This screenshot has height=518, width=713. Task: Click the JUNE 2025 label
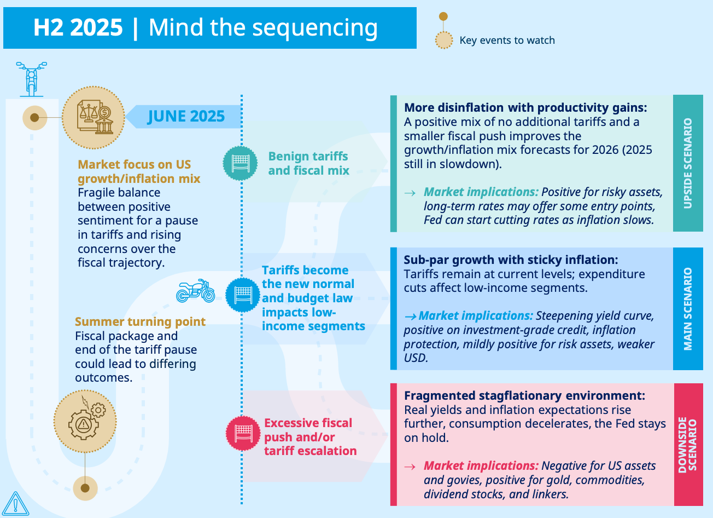coord(186,116)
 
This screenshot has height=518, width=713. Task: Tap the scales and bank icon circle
coord(93,117)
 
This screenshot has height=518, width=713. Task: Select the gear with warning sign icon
coord(85,421)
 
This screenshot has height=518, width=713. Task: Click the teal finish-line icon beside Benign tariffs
coord(240,163)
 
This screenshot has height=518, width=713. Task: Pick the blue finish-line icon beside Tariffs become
coord(243,295)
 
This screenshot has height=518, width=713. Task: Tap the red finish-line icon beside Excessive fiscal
coord(243,433)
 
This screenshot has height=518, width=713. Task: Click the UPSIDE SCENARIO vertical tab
coord(688,163)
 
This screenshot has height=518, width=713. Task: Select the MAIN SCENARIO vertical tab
coord(688,309)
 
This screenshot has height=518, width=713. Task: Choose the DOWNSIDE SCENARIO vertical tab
coord(688,444)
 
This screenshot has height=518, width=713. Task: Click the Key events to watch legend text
coord(507,41)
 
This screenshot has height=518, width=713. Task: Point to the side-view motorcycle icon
coord(195,291)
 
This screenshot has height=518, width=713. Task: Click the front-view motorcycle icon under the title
coord(31,79)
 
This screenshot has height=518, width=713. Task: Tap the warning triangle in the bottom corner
coord(15,503)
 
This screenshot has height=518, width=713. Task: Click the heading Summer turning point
coord(140,321)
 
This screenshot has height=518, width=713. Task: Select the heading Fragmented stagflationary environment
coord(524,395)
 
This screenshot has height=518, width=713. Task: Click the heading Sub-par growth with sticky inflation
coord(511,260)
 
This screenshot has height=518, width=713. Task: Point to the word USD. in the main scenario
coord(416,358)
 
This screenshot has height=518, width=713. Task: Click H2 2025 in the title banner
coord(78,28)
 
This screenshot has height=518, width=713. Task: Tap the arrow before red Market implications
coord(410,466)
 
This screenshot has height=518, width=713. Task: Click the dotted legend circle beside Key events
coord(443,40)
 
